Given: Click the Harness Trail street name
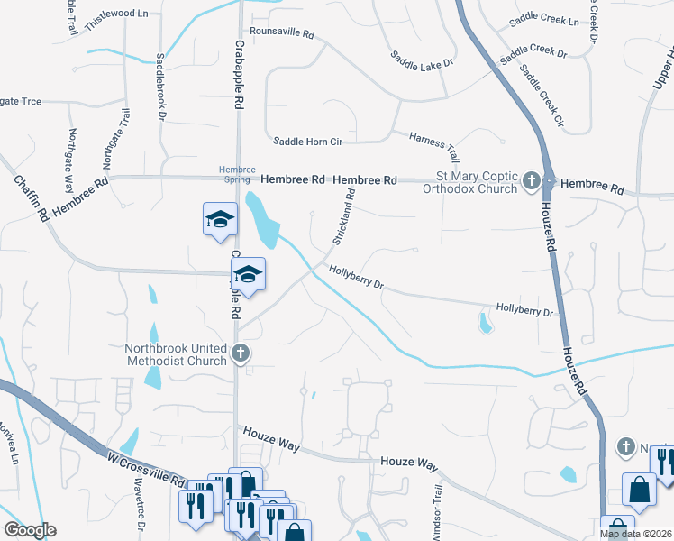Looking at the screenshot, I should tap(434, 144).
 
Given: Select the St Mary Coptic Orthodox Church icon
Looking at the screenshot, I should tap(532, 181).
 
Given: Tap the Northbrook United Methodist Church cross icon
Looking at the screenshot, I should tap(240, 353).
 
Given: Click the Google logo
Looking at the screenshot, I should tap(30, 530).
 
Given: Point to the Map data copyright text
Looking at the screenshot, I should tap(635, 534).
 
